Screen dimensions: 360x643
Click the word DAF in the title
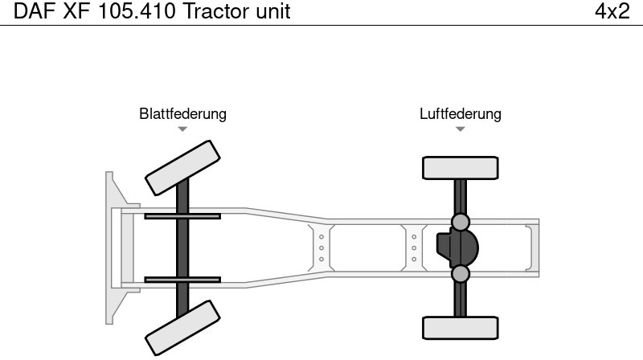(34, 12)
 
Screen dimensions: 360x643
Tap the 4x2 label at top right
(612, 12)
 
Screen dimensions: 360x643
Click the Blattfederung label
(182, 113)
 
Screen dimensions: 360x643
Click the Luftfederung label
(460, 113)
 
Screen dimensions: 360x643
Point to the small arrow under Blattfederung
(182, 129)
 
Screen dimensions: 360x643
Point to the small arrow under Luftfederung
(460, 129)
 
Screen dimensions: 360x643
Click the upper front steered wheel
(182, 167)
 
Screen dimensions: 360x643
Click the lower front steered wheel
(182, 327)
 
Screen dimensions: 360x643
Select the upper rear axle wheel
(460, 168)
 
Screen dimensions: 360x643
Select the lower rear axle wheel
(460, 328)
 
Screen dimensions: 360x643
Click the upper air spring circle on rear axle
(460, 222)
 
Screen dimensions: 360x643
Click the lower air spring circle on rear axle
(460, 274)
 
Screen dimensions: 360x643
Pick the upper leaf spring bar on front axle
(182, 215)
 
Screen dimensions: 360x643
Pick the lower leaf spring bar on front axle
(182, 280)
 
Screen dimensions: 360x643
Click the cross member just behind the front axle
(321, 247)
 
